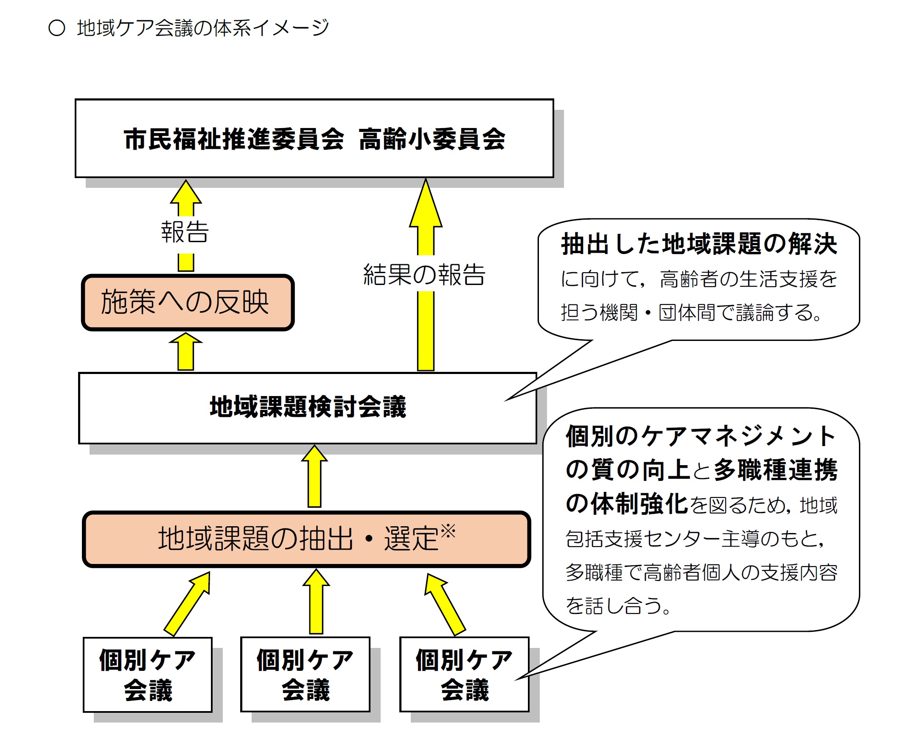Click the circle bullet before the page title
pos(56,28)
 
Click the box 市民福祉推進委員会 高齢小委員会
pos(314,139)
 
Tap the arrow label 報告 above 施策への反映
pos(185,232)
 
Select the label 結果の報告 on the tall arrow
pos(424,274)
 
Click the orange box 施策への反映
pos(188,302)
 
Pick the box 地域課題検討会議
pos(307,407)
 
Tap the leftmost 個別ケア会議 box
pos(148,675)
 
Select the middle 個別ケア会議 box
pos(305,675)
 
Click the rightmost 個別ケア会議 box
pos(465,675)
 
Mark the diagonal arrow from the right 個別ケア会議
pos(444,604)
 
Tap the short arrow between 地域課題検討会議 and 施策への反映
pos(186,352)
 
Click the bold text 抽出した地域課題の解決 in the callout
pos(699,244)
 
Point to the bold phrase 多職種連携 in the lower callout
pos(775,470)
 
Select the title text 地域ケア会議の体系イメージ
pos(203,28)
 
